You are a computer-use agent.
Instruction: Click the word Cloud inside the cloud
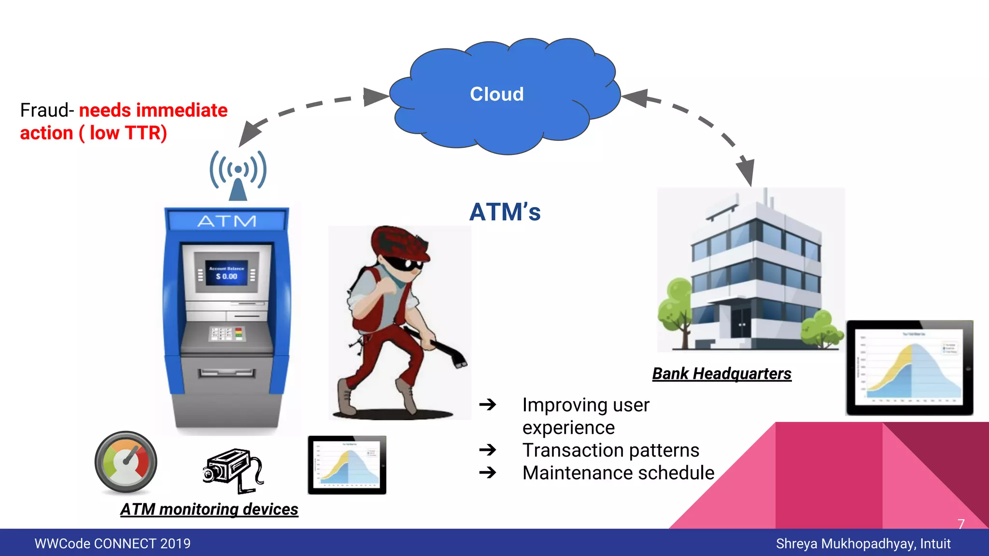tap(496, 94)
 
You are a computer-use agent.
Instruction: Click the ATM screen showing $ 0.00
tap(226, 273)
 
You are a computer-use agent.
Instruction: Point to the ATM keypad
tap(227, 333)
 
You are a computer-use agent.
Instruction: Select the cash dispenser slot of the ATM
tap(226, 373)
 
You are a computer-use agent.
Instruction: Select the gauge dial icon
tap(126, 462)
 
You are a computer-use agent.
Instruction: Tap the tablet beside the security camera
tap(347, 465)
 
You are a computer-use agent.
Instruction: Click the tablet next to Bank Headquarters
tap(909, 368)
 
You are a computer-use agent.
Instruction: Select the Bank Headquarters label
tap(721, 374)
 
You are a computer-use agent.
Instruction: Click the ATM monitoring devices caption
tap(209, 509)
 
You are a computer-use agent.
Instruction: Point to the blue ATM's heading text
tap(505, 212)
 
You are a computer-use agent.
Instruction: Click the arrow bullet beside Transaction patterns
tap(488, 450)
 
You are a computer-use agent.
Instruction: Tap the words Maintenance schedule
tap(618, 473)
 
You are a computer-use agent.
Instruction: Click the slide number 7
tap(961, 524)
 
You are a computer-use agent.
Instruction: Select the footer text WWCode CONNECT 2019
tap(113, 543)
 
